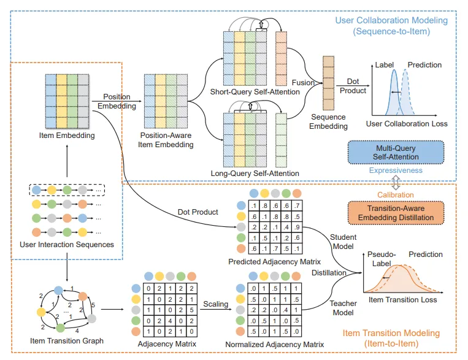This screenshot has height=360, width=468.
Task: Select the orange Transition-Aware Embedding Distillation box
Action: (x=396, y=212)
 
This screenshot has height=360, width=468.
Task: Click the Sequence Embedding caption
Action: (x=329, y=121)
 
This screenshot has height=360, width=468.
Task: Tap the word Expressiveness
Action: (x=396, y=170)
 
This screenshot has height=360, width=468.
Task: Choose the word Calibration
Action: (x=395, y=195)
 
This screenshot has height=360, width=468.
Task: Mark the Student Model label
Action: (x=343, y=241)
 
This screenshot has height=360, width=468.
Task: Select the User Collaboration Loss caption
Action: (x=407, y=124)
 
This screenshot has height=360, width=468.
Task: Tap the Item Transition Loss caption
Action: (x=402, y=300)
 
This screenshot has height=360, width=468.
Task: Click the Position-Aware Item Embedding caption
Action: (x=167, y=140)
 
